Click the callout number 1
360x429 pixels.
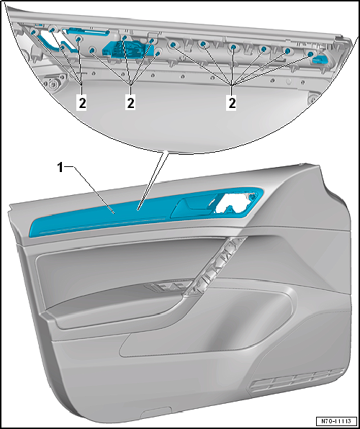pyautogui.click(x=60, y=168)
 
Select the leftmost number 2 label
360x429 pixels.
pyautogui.click(x=82, y=104)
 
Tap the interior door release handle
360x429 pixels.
pyautogui.click(x=194, y=207)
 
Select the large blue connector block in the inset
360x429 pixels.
pyautogui.click(x=123, y=49)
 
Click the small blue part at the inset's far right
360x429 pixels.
pyautogui.click(x=321, y=58)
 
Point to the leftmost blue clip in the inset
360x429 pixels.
pyautogui.click(x=34, y=32)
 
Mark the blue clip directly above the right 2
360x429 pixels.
pyautogui.click(x=233, y=48)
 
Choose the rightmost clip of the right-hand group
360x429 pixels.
pyautogui.click(x=310, y=54)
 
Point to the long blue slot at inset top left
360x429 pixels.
pyautogui.click(x=88, y=31)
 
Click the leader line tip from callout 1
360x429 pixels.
pyautogui.click(x=114, y=212)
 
